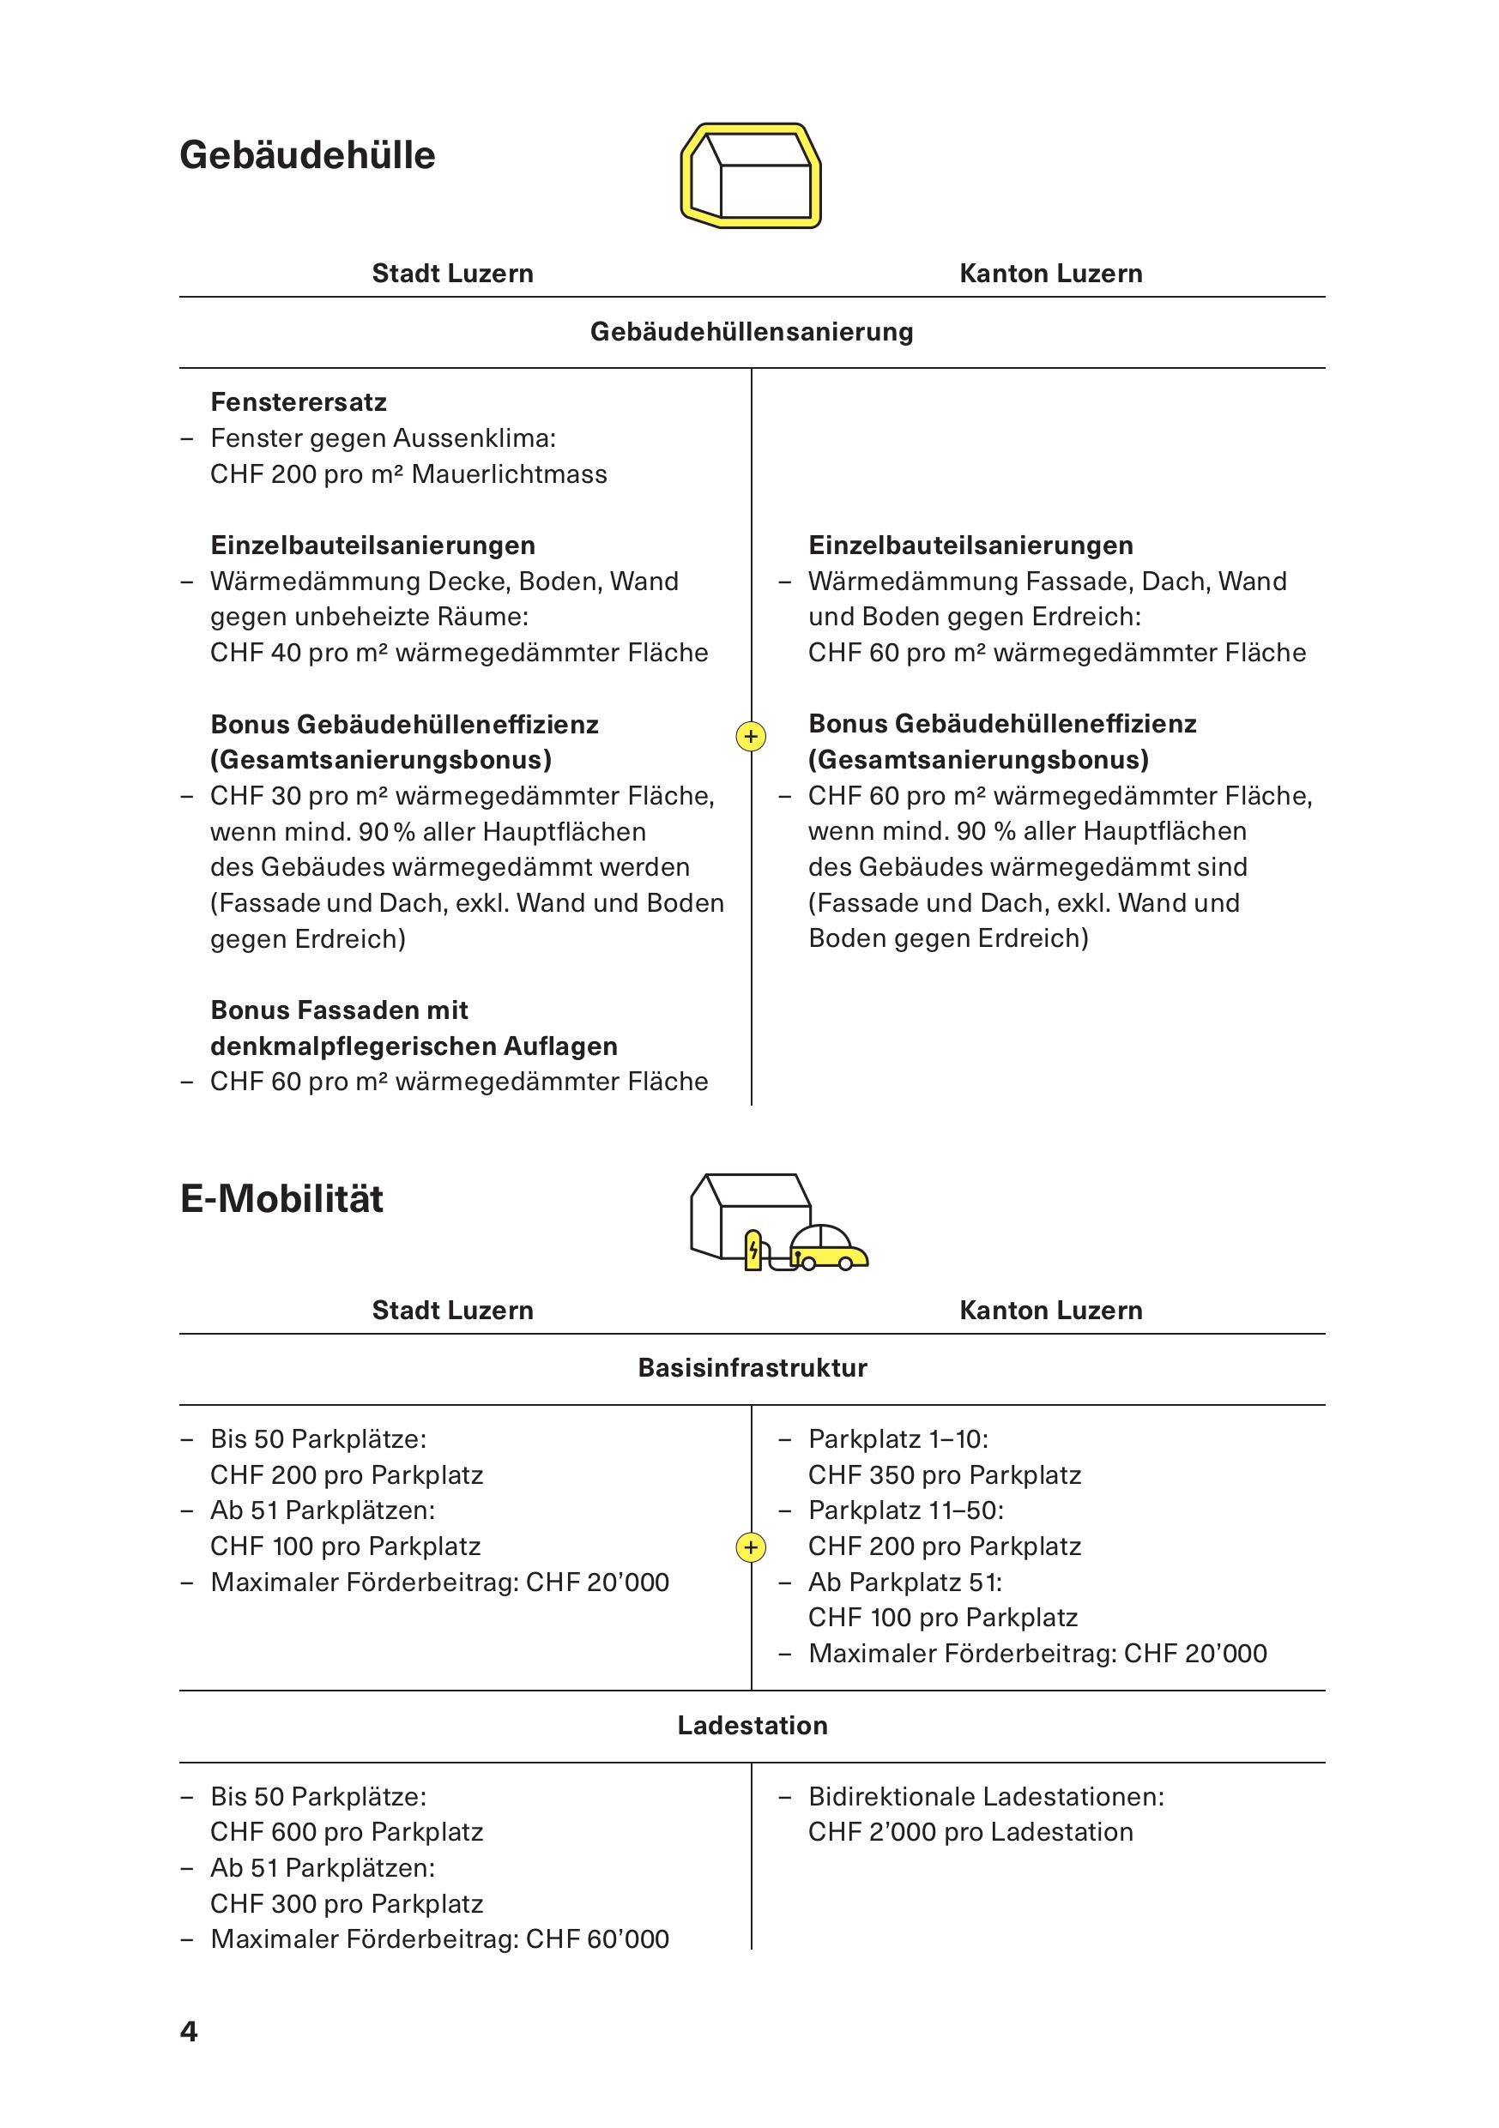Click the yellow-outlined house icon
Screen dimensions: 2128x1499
tap(750, 175)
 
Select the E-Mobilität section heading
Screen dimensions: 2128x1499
tap(281, 1198)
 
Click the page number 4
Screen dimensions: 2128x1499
tap(188, 2031)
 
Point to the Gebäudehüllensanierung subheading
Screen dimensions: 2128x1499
tap(751, 332)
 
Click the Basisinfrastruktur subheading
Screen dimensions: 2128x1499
tap(751, 1368)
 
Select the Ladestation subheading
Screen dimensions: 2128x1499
tap(751, 1725)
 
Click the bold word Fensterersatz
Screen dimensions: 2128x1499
tap(298, 402)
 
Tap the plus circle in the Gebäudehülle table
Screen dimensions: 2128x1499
tap(750, 737)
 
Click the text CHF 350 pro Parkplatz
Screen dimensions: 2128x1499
tap(944, 1474)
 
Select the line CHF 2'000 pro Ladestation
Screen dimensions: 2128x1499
tap(970, 1831)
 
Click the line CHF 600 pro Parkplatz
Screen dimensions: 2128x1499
tap(346, 1831)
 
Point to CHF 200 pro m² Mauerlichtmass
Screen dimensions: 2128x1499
tap(408, 474)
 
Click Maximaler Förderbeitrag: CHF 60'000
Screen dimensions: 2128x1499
tap(438, 1939)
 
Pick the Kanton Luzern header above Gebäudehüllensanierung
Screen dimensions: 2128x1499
tap(1049, 274)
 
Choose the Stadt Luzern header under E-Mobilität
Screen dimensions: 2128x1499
tap(452, 1310)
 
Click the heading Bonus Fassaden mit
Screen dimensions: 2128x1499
tap(338, 1010)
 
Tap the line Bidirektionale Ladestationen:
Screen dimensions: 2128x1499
tap(985, 1796)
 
